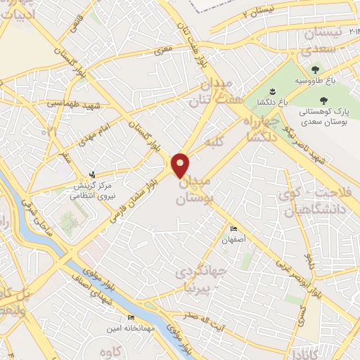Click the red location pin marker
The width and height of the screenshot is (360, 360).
coord(181,165)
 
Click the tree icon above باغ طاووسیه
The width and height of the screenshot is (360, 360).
coord(314,70)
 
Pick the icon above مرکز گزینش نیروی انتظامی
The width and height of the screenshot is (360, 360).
coord(92,174)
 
